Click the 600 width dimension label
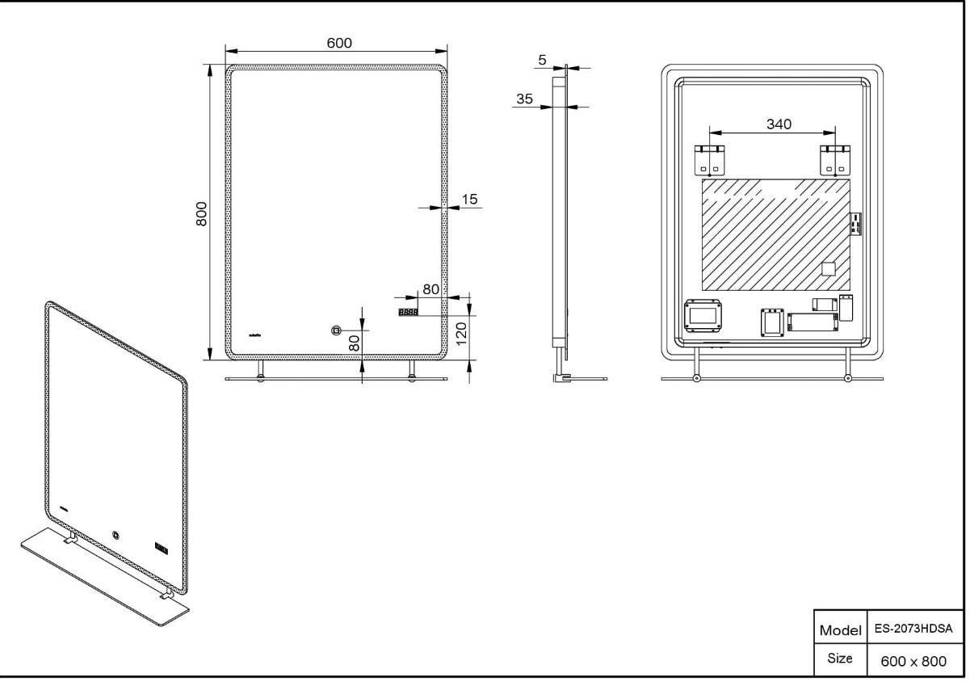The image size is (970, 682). (339, 43)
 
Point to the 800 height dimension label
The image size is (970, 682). (201, 214)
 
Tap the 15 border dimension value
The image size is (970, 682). (469, 200)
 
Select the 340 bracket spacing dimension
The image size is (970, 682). (779, 124)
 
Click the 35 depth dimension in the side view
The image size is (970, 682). (524, 99)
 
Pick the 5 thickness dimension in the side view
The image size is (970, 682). (543, 61)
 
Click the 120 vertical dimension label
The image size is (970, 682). (462, 334)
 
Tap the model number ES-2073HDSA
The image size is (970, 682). (913, 629)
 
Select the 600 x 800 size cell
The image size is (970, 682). (913, 661)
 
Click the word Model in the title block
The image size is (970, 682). (840, 630)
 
